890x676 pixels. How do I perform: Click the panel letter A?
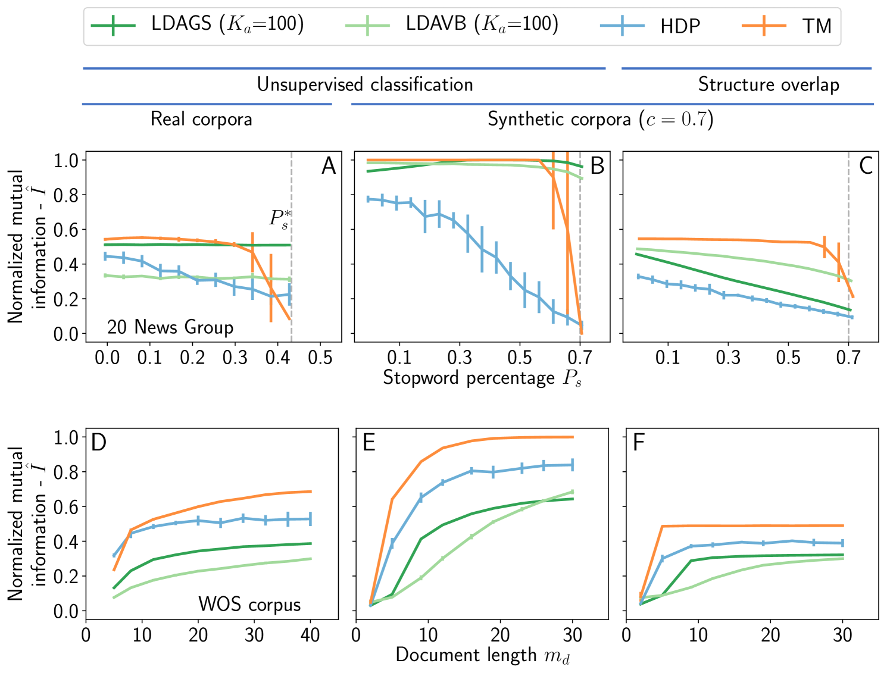[329, 166]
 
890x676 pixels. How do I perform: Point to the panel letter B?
[597, 166]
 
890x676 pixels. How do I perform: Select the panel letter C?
[866, 166]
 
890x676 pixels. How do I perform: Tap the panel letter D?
[99, 443]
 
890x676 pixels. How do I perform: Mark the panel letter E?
[369, 443]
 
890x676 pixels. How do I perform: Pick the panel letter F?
[639, 443]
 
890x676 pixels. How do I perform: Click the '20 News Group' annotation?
[170, 327]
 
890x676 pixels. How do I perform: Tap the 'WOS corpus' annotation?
[249, 605]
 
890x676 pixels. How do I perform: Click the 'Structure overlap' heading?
[769, 84]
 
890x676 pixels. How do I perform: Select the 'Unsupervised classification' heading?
[365, 84]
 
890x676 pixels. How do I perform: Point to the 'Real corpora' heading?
[201, 119]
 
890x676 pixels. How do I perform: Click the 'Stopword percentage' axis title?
[482, 378]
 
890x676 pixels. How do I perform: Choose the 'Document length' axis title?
[482, 655]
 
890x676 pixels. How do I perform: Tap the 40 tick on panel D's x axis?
[310, 636]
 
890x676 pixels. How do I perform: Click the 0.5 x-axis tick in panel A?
[320, 358]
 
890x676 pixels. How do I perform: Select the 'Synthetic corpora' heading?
[600, 119]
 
